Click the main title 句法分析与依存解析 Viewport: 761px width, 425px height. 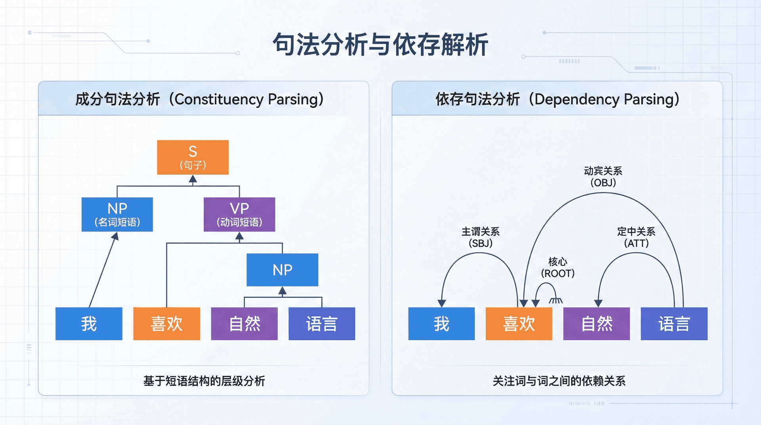pyautogui.click(x=380, y=44)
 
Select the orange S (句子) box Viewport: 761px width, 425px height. pyautogui.click(x=193, y=157)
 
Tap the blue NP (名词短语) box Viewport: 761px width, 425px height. pyautogui.click(x=117, y=214)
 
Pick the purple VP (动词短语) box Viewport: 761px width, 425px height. pyautogui.click(x=239, y=214)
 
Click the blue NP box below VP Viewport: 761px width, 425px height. pyautogui.click(x=282, y=270)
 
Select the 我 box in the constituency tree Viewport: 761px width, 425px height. pyautogui.click(x=89, y=324)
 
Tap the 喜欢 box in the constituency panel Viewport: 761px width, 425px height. pyautogui.click(x=166, y=324)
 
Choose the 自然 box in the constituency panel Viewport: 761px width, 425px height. pyautogui.click(x=244, y=324)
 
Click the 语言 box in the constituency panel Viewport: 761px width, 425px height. pyautogui.click(x=321, y=324)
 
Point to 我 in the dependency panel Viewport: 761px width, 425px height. pyautogui.click(x=441, y=324)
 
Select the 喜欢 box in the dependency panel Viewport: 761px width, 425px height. pyautogui.click(x=519, y=324)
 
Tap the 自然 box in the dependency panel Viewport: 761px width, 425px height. pyautogui.click(x=597, y=324)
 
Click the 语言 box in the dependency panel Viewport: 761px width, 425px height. pyautogui.click(x=674, y=324)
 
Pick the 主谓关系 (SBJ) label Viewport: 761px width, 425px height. pyautogui.click(x=480, y=237)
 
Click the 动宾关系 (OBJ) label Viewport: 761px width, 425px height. pyautogui.click(x=603, y=177)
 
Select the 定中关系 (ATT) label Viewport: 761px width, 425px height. pyautogui.click(x=636, y=237)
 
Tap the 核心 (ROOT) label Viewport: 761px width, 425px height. pyautogui.click(x=558, y=267)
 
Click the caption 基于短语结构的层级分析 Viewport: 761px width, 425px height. pyautogui.click(x=204, y=381)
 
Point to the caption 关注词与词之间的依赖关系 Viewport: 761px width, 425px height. pyautogui.click(x=559, y=381)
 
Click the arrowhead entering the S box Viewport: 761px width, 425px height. pyautogui.click(x=193, y=179)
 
